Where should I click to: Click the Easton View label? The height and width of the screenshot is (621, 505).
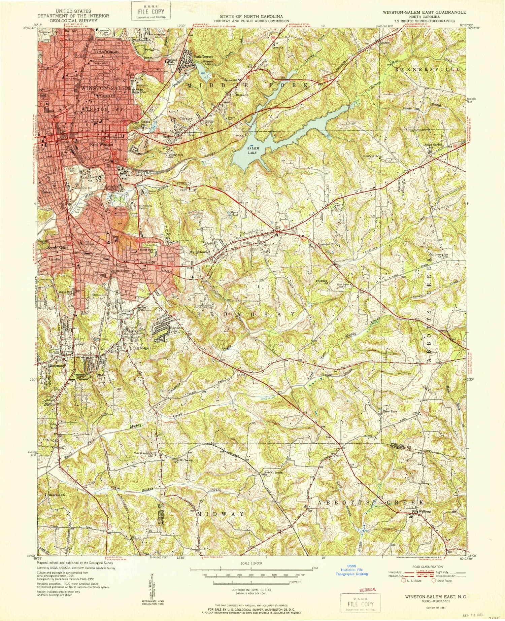pos(175,330)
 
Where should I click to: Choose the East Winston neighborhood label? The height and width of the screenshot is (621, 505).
pos(101,145)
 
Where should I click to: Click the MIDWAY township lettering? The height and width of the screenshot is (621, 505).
pos(221,514)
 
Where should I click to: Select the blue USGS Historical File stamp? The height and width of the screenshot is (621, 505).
pos(351,572)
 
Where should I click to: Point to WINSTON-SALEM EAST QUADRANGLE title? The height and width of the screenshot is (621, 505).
pos(424,12)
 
